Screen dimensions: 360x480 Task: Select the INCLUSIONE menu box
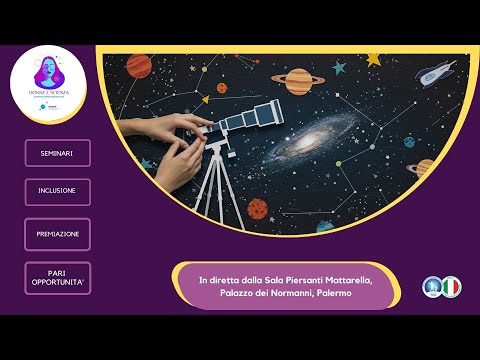pos(57,192)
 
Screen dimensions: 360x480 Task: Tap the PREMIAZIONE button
pos(57,234)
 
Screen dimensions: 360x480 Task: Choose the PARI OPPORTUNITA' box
pos(57,277)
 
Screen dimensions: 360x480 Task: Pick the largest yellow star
pos(374,58)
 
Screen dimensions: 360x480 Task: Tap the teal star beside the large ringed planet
pos(339,68)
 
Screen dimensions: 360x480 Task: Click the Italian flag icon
pos(451,287)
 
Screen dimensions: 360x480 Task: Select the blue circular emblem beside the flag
pos(432,287)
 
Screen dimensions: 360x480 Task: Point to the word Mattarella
pos(340,279)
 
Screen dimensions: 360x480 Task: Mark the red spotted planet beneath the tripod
pos(257,208)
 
